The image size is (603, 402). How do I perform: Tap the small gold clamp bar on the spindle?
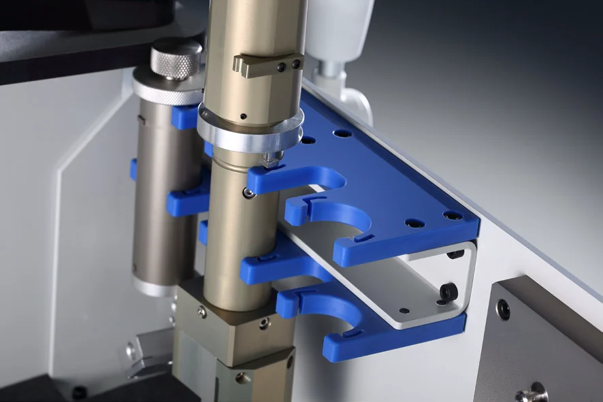tap(267, 65)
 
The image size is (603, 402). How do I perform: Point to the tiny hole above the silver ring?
tap(243, 116)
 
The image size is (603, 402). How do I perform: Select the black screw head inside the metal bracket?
tap(448, 291)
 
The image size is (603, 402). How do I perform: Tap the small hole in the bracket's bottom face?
tap(404, 311)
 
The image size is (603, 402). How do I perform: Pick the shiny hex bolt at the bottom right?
tap(530, 392)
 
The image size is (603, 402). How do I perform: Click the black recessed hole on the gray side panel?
tap(503, 310)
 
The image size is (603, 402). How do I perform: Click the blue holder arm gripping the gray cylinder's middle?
tap(184, 201)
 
